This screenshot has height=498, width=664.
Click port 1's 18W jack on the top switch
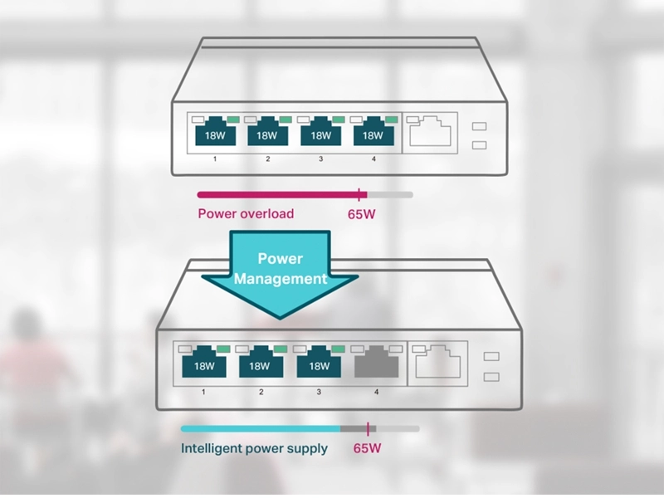pyautogui.click(x=215, y=131)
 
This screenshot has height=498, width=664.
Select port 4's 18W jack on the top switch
pyautogui.click(x=373, y=131)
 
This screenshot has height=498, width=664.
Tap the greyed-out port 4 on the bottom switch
pyautogui.click(x=377, y=362)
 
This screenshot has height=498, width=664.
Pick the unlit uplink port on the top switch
pyautogui.click(x=431, y=131)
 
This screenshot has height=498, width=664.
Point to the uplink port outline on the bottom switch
pyautogui.click(x=438, y=362)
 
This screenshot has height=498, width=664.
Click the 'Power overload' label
pyautogui.click(x=246, y=213)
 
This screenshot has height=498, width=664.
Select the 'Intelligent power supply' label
pyautogui.click(x=254, y=448)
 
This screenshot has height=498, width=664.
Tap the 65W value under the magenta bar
pyautogui.click(x=361, y=214)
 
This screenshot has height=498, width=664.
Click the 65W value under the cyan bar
pyautogui.click(x=367, y=448)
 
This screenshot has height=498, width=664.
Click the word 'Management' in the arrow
pyautogui.click(x=281, y=279)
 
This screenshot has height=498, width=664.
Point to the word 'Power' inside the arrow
pyautogui.click(x=281, y=258)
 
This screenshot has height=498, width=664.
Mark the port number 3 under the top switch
pyautogui.click(x=320, y=159)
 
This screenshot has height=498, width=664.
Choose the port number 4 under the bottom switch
pyautogui.click(x=376, y=392)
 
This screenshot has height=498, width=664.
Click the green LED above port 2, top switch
pyautogui.click(x=286, y=120)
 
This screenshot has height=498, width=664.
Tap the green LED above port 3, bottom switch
pyautogui.click(x=338, y=349)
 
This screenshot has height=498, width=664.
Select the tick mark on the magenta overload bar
pyautogui.click(x=359, y=195)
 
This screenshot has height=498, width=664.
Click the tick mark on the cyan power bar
pyautogui.click(x=368, y=429)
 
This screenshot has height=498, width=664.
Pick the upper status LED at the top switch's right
pyautogui.click(x=479, y=126)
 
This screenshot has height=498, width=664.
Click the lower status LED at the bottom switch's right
pyautogui.click(x=491, y=377)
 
